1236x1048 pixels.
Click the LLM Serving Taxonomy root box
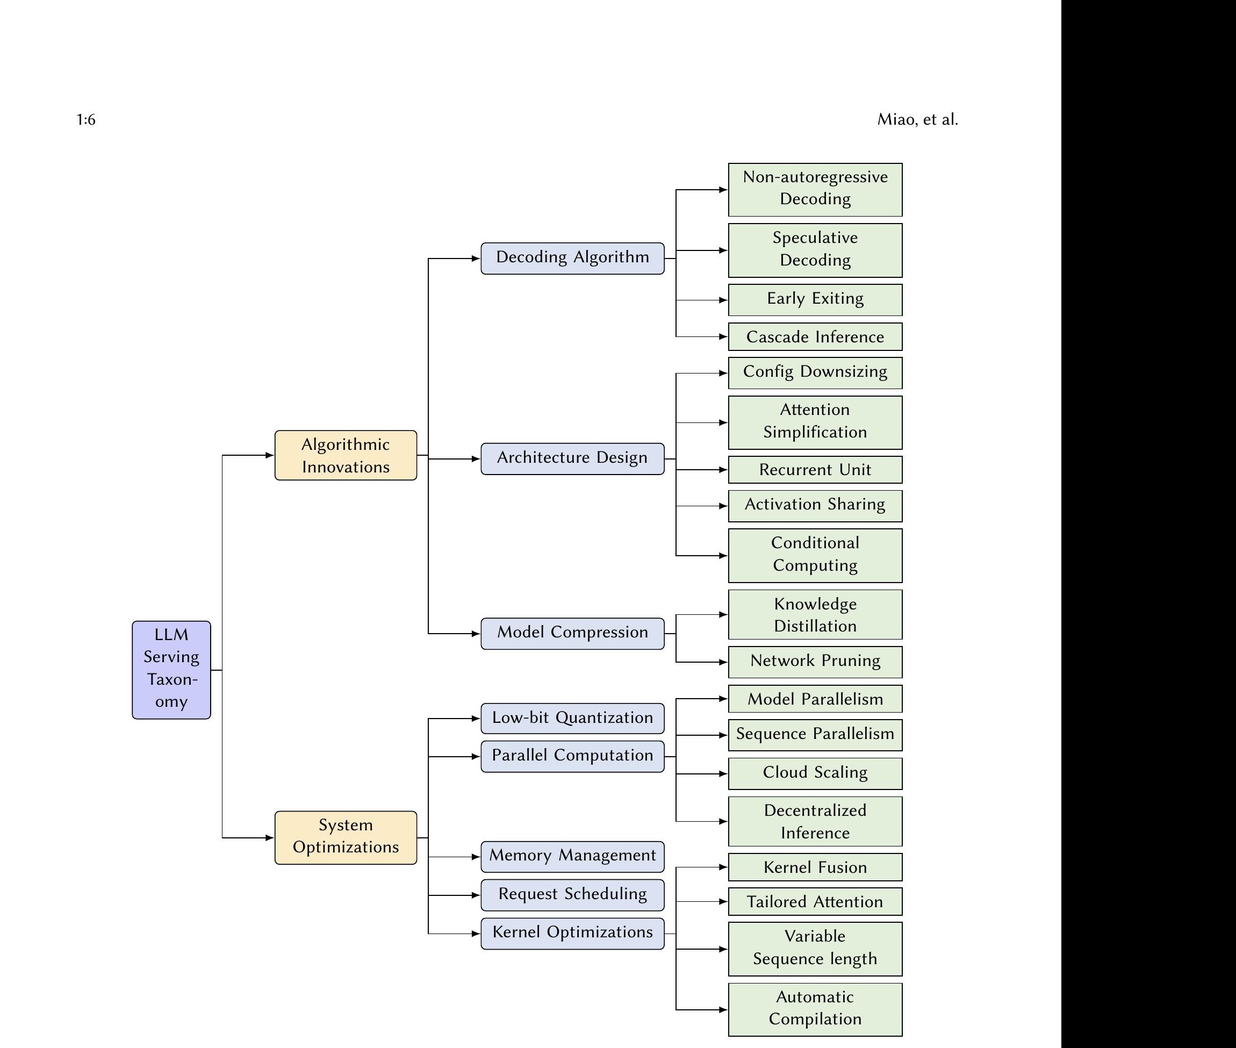point(171,670)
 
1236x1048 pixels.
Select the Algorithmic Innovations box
point(346,455)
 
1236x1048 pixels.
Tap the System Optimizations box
point(346,837)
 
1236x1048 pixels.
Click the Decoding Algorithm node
point(572,258)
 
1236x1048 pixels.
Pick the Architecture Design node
point(572,458)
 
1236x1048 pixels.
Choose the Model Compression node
point(572,633)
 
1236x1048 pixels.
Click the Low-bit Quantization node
point(572,718)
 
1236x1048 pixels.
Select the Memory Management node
point(572,856)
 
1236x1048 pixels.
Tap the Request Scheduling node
point(572,895)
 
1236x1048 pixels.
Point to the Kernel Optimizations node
point(572,934)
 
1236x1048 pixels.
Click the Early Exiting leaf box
point(815,299)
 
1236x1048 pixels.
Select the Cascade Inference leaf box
point(815,337)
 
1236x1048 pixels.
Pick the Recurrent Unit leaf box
point(815,469)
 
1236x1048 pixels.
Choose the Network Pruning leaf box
point(815,661)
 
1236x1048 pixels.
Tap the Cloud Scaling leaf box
point(815,773)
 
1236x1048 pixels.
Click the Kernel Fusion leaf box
point(815,867)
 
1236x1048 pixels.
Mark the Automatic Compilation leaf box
point(815,1009)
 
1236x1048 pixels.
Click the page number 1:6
point(86,120)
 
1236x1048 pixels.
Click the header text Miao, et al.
point(917,120)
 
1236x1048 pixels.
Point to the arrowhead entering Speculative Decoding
point(723,250)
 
